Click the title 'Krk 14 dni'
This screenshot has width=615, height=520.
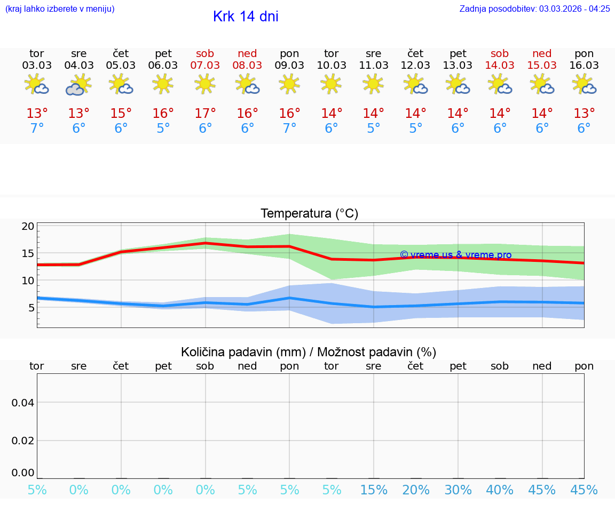pos(246,17)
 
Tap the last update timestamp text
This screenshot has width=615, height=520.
pos(534,9)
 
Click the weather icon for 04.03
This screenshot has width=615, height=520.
pos(78,85)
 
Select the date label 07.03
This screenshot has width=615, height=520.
pos(205,65)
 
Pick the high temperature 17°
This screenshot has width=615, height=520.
pos(205,114)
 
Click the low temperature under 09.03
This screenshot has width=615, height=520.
pos(289,129)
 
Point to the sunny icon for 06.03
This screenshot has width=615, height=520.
pos(163,84)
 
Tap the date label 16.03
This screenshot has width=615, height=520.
pos(584,65)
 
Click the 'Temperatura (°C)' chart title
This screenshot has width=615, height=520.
pos(309,213)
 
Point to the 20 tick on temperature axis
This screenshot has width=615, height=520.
pos(28,226)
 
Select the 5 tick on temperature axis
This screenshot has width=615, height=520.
pos(31,308)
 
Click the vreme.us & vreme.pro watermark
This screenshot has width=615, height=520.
pos(455,255)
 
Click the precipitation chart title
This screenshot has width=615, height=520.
pos(309,352)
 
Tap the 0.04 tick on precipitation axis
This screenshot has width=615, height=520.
pos(23,403)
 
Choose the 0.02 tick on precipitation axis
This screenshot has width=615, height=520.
pos(23,441)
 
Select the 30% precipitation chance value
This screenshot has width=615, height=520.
pos(458,490)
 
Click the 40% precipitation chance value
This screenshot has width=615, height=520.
pos(500,490)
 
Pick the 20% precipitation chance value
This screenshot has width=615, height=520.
pos(416,490)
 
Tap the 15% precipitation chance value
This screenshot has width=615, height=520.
pos(374,490)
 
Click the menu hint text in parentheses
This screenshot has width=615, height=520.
pos(60,9)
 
